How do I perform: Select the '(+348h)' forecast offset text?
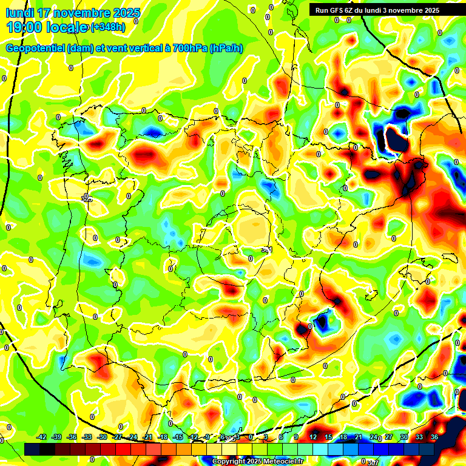tap(108, 27)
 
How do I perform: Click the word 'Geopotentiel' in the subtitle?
tap(35, 49)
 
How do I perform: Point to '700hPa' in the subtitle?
tap(189, 49)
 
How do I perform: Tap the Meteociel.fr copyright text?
tap(257, 462)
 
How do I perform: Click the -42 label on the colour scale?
tap(42, 437)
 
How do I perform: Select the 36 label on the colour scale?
tap(434, 437)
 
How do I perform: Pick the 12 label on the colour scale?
tap(313, 437)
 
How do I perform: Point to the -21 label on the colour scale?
tap(147, 437)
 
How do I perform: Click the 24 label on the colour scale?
tap(374, 437)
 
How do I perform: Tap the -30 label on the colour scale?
tap(102, 437)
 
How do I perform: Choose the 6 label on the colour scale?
tap(281, 437)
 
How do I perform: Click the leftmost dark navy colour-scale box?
tap(32, 448)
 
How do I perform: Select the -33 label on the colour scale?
tap(87, 437)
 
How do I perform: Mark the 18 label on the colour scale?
tap(343, 437)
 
